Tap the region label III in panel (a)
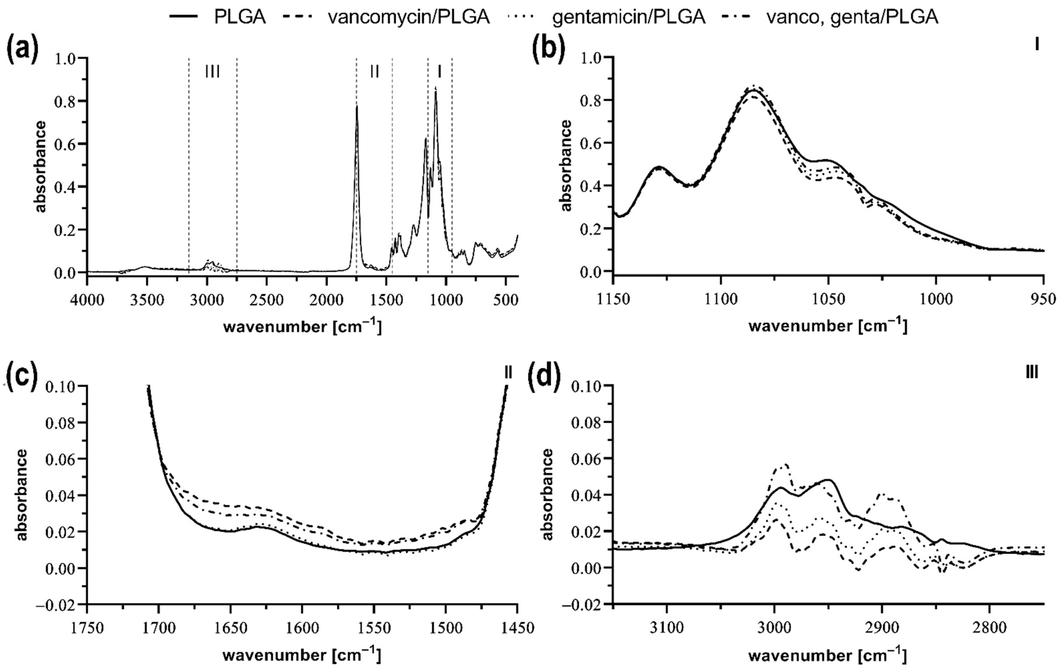[213, 72]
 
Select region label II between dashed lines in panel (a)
[374, 72]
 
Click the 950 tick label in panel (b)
[1043, 299]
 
